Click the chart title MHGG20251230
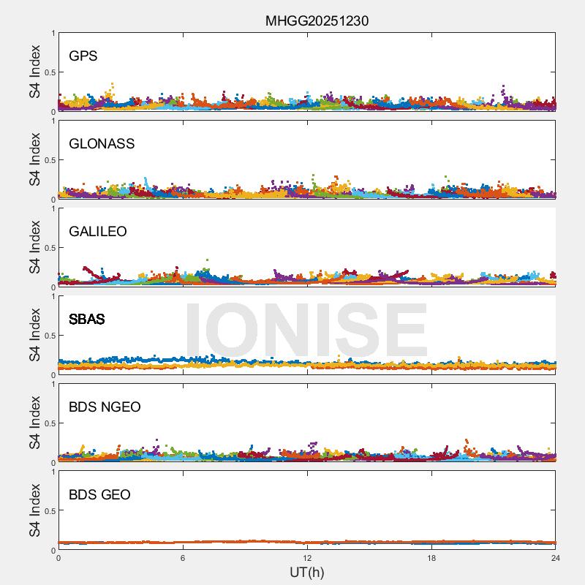[x=317, y=20]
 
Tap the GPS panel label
[x=83, y=56]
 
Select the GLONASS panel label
[x=102, y=143]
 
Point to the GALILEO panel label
[x=98, y=231]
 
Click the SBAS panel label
[x=86, y=319]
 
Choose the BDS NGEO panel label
[x=105, y=407]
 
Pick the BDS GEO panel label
[x=99, y=494]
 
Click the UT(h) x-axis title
[x=306, y=572]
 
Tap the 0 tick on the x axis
[x=58, y=558]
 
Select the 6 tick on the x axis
[x=183, y=558]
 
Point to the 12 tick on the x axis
[x=307, y=558]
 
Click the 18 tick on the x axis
[x=431, y=558]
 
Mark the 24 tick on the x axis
[x=555, y=558]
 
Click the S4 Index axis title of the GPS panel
[x=35, y=72]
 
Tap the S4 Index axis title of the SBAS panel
[x=35, y=335]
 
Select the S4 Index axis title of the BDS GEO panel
[x=35, y=510]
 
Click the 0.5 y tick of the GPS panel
[x=48, y=72]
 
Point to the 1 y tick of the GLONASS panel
[x=52, y=121]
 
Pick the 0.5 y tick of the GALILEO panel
[x=48, y=248]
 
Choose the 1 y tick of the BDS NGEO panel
[x=52, y=384]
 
